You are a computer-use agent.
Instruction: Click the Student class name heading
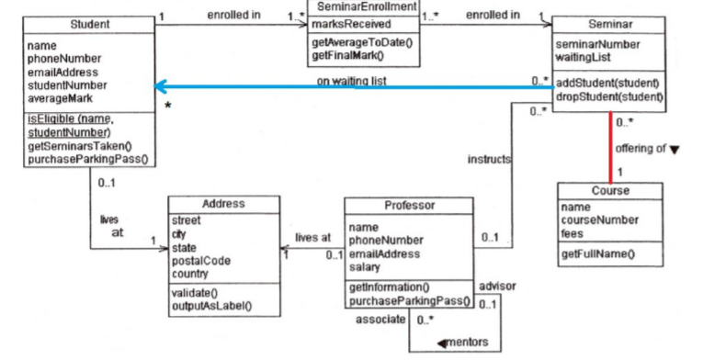pos(89,22)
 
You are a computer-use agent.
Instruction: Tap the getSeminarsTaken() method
pos(80,146)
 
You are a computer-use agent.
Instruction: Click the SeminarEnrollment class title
pos(364,7)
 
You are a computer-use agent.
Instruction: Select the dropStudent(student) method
pos(609,96)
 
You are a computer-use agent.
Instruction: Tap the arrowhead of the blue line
pos(160,87)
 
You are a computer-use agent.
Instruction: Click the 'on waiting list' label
pos(350,81)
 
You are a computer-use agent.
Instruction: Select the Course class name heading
pos(609,191)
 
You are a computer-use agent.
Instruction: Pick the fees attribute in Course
pos(572,233)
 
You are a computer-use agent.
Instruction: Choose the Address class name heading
pos(223,203)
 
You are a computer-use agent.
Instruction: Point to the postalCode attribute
pos(201,261)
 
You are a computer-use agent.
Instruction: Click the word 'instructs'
pos(489,159)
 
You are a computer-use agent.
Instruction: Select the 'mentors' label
pos(468,343)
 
